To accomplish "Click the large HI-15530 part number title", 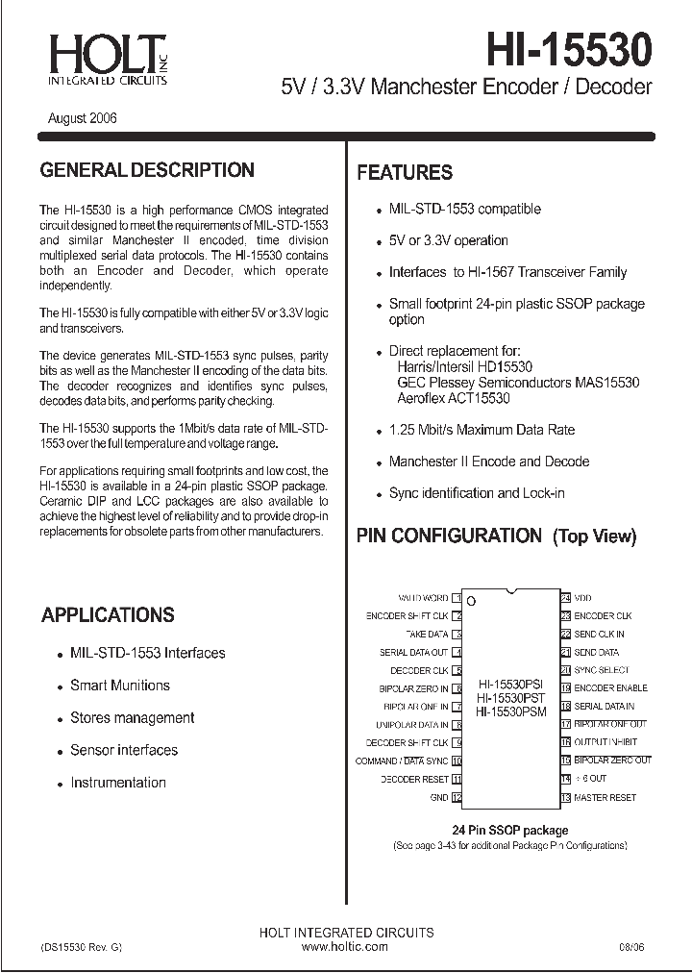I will pyautogui.click(x=569, y=48).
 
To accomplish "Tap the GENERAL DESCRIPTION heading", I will pyautogui.click(x=147, y=170).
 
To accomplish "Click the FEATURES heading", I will pyautogui.click(x=405, y=173).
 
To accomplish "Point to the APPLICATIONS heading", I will pyautogui.click(x=108, y=615).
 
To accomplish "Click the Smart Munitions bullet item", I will pyautogui.click(x=120, y=686).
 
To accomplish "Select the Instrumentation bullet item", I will pyautogui.click(x=118, y=783).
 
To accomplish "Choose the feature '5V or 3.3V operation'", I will pyautogui.click(x=449, y=240).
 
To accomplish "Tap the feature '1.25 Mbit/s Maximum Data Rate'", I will pyautogui.click(x=482, y=430).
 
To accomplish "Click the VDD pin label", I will pyautogui.click(x=583, y=598).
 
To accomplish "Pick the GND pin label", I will pyautogui.click(x=439, y=798).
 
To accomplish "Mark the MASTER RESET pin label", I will pyautogui.click(x=605, y=798).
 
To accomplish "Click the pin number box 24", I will pyautogui.click(x=566, y=598).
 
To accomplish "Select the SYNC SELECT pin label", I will pyautogui.click(x=602, y=670).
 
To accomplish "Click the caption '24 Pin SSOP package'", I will pyautogui.click(x=510, y=830).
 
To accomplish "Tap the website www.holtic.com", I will pyautogui.click(x=345, y=947).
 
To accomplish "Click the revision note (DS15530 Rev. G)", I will pyautogui.click(x=82, y=947).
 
